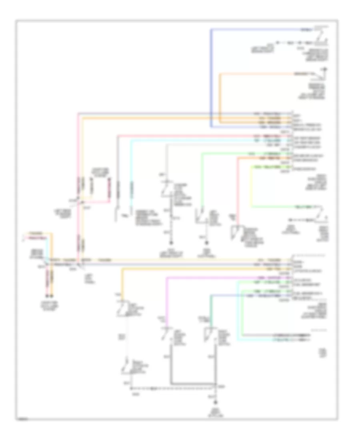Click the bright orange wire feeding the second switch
click(x=220, y=96)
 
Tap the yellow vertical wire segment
click(x=251, y=186)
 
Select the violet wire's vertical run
click(x=166, y=300)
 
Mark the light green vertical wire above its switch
click(x=201, y=180)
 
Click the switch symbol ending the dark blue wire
click(x=322, y=40)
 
